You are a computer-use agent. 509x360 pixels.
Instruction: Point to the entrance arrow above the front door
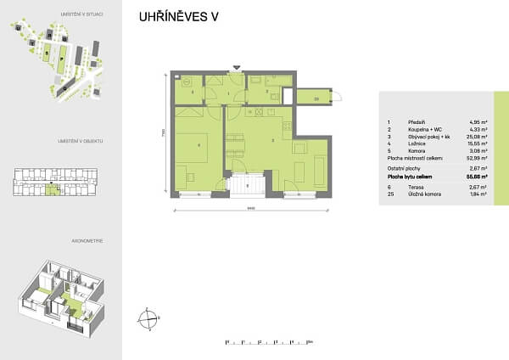pos(237,65)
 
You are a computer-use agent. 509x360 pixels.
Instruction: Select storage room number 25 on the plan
pos(316,99)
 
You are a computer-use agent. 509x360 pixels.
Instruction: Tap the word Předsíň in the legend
pos(417,121)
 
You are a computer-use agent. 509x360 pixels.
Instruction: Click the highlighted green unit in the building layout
pos(53,189)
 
